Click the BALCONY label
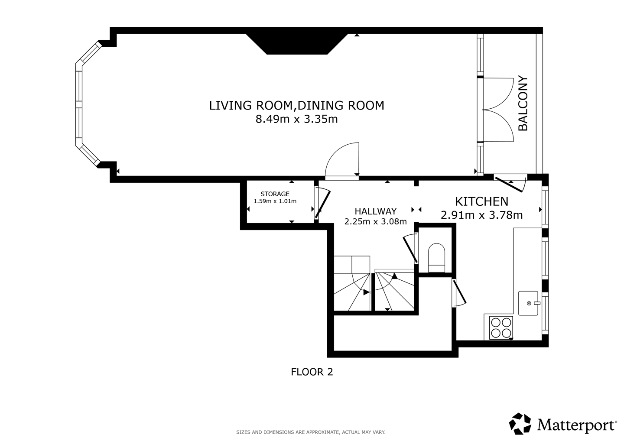(x=523, y=103)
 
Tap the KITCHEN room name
(x=482, y=201)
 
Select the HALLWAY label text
(x=376, y=211)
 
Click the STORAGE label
(x=275, y=194)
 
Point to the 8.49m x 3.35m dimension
(x=297, y=119)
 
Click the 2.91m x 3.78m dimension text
(x=482, y=215)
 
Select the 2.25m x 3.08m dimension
(x=376, y=222)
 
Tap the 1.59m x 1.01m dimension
(x=275, y=201)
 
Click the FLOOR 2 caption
(x=312, y=372)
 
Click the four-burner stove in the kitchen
(x=501, y=328)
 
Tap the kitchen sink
(x=528, y=303)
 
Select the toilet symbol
(x=436, y=258)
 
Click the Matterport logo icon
(x=520, y=424)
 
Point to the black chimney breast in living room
(x=297, y=44)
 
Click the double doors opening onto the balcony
(x=498, y=110)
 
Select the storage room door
(x=322, y=204)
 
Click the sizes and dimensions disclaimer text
(x=311, y=432)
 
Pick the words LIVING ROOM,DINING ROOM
(x=297, y=106)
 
